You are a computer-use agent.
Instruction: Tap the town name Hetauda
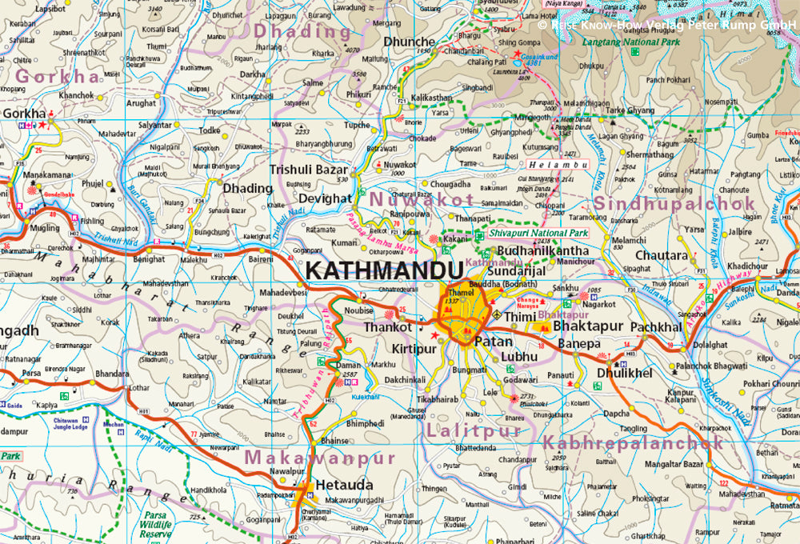(x=344, y=485)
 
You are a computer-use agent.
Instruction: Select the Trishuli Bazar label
(x=309, y=170)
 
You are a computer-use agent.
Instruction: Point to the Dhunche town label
(x=410, y=42)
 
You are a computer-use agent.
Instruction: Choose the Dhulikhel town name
(x=624, y=372)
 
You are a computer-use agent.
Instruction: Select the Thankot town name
(x=387, y=327)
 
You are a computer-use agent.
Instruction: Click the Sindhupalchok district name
(x=674, y=202)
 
